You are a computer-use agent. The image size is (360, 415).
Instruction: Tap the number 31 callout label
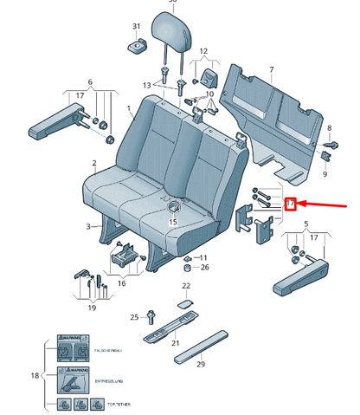(135, 27)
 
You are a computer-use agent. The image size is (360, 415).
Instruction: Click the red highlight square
(291, 204)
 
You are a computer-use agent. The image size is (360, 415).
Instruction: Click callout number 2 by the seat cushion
(93, 163)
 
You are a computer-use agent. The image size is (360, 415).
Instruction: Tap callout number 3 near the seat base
(89, 227)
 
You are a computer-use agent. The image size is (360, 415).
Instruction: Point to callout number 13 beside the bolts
(147, 85)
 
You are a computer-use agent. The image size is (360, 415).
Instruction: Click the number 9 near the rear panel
(325, 175)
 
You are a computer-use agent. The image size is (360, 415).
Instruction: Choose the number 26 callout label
(204, 267)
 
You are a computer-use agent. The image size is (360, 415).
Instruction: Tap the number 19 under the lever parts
(92, 307)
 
